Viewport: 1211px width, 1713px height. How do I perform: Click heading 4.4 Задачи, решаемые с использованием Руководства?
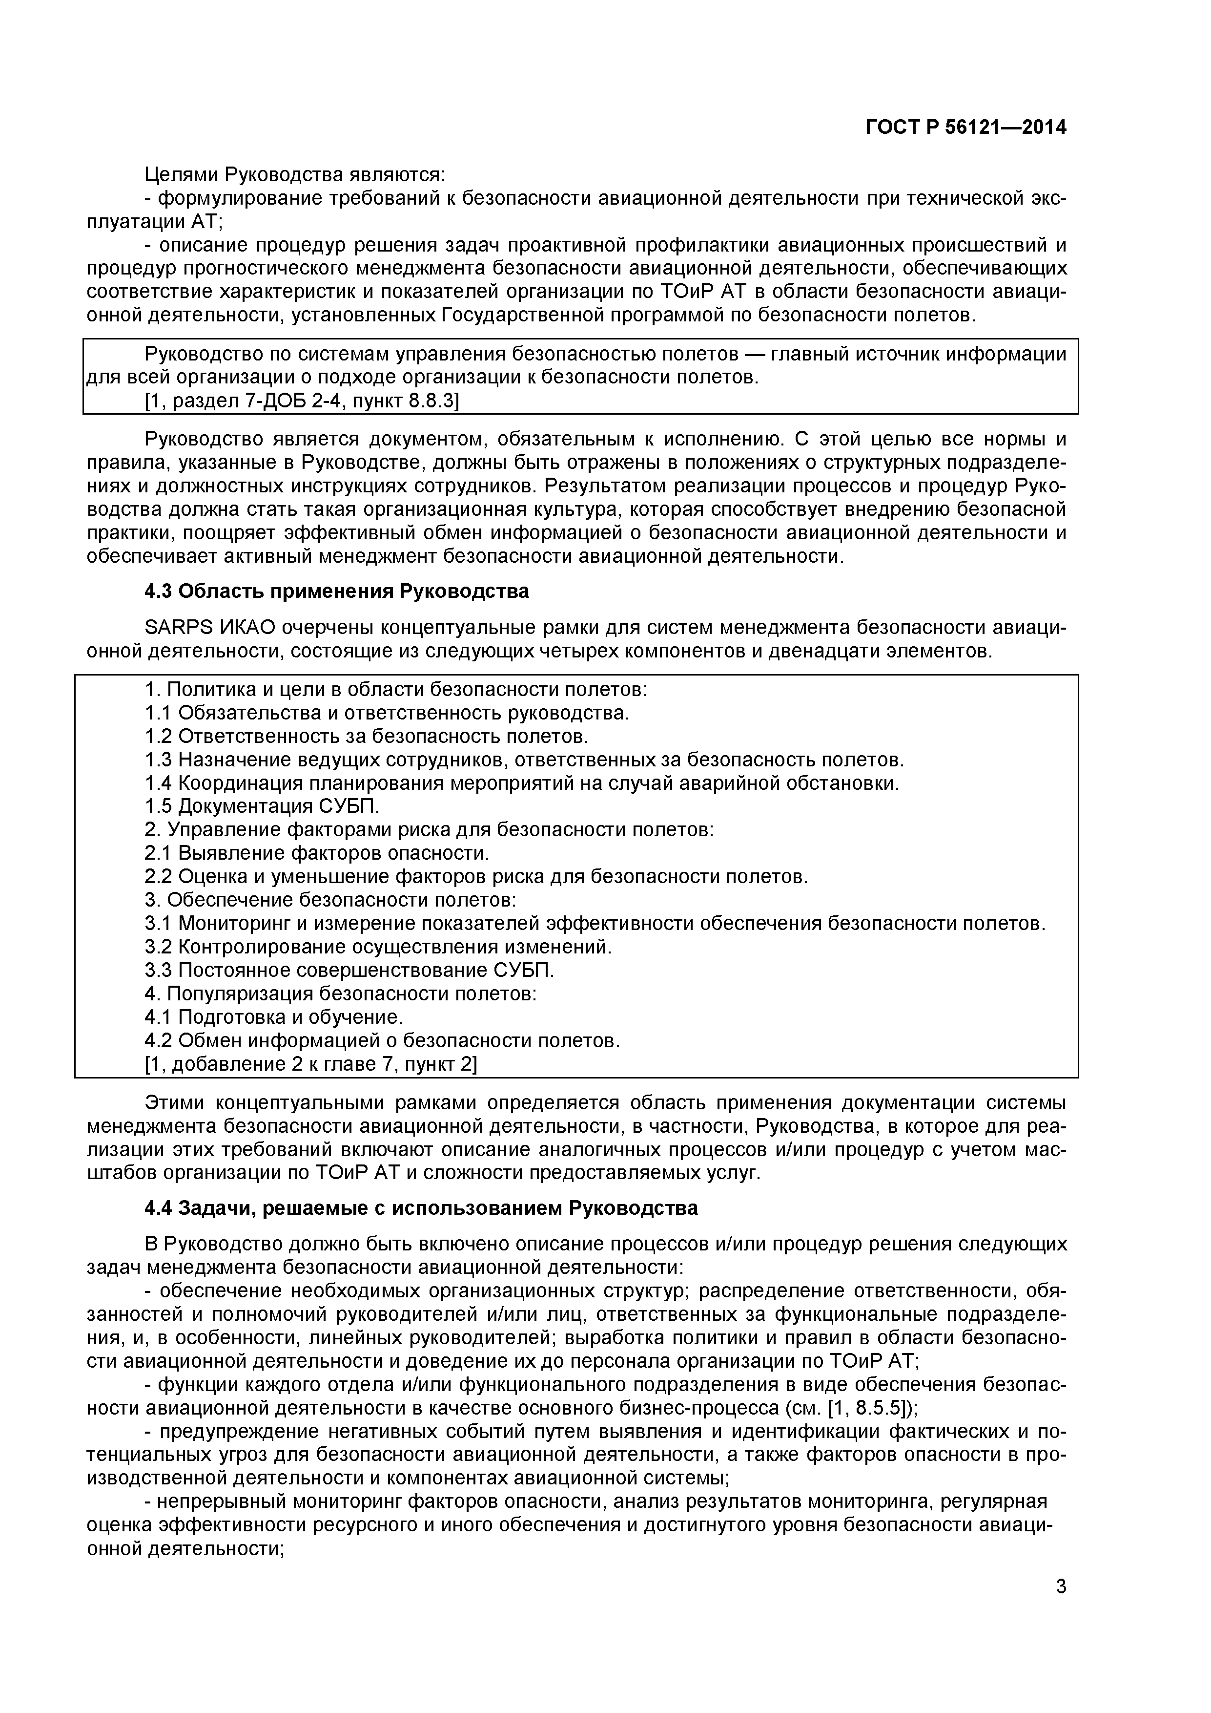click(421, 1208)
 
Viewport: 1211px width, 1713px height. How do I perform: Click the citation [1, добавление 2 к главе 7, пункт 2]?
click(310, 1064)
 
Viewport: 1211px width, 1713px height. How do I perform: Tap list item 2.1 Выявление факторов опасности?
click(317, 853)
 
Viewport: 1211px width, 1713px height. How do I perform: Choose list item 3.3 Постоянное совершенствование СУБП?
click(349, 971)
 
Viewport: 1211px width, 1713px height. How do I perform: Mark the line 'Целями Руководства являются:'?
click(294, 174)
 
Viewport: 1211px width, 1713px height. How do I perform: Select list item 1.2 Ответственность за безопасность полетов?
click(366, 737)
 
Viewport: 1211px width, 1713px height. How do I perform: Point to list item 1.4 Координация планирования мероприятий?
click(522, 783)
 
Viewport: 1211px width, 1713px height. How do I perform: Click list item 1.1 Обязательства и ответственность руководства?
click(387, 713)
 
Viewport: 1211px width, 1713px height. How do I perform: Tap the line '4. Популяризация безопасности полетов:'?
click(340, 994)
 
